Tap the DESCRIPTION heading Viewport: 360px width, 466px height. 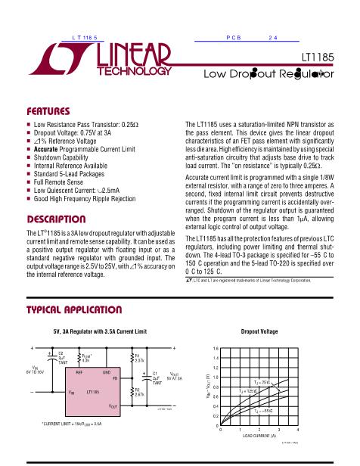tap(55, 218)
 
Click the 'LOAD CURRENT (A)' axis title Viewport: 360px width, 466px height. tap(259, 436)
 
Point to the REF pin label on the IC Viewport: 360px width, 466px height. tap(79, 372)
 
